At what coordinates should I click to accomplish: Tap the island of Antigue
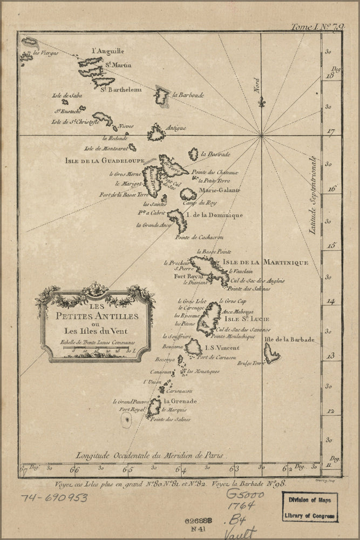coord(156,132)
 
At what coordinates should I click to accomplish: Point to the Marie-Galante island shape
coord(188,194)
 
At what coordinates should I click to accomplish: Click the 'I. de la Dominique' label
coord(214,215)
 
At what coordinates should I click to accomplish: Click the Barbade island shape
coord(271,353)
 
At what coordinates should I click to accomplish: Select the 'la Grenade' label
coord(180,401)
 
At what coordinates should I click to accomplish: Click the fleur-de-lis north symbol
coord(261,102)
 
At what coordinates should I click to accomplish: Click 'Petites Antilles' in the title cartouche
coord(95,315)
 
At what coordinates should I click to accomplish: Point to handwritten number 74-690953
coord(55,497)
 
